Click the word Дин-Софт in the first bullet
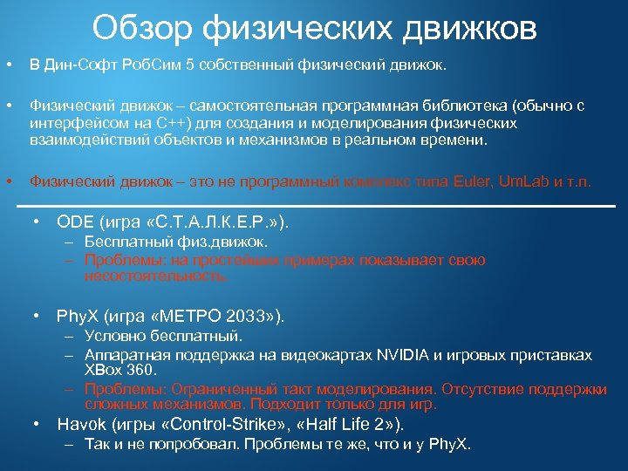tap(80, 65)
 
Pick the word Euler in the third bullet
tap(472, 182)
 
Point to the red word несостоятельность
tap(156, 276)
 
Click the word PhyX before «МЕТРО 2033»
tap(77, 315)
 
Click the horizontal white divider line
tap(314, 205)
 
